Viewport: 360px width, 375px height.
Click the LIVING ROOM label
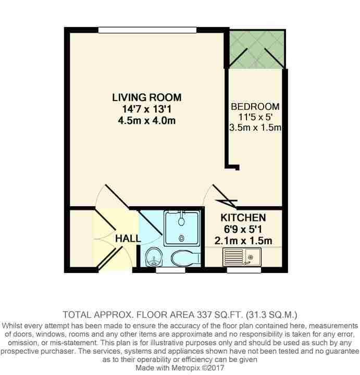(147, 97)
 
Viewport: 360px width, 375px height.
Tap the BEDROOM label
(255, 107)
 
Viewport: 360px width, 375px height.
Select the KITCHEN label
(243, 218)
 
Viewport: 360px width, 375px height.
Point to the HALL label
(128, 239)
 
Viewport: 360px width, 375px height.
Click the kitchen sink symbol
(242, 256)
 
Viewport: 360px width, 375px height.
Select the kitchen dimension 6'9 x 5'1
(243, 229)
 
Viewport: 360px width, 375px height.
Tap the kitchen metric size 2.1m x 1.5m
(243, 241)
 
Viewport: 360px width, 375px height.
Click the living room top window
(147, 30)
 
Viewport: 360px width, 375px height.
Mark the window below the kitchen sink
(243, 270)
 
